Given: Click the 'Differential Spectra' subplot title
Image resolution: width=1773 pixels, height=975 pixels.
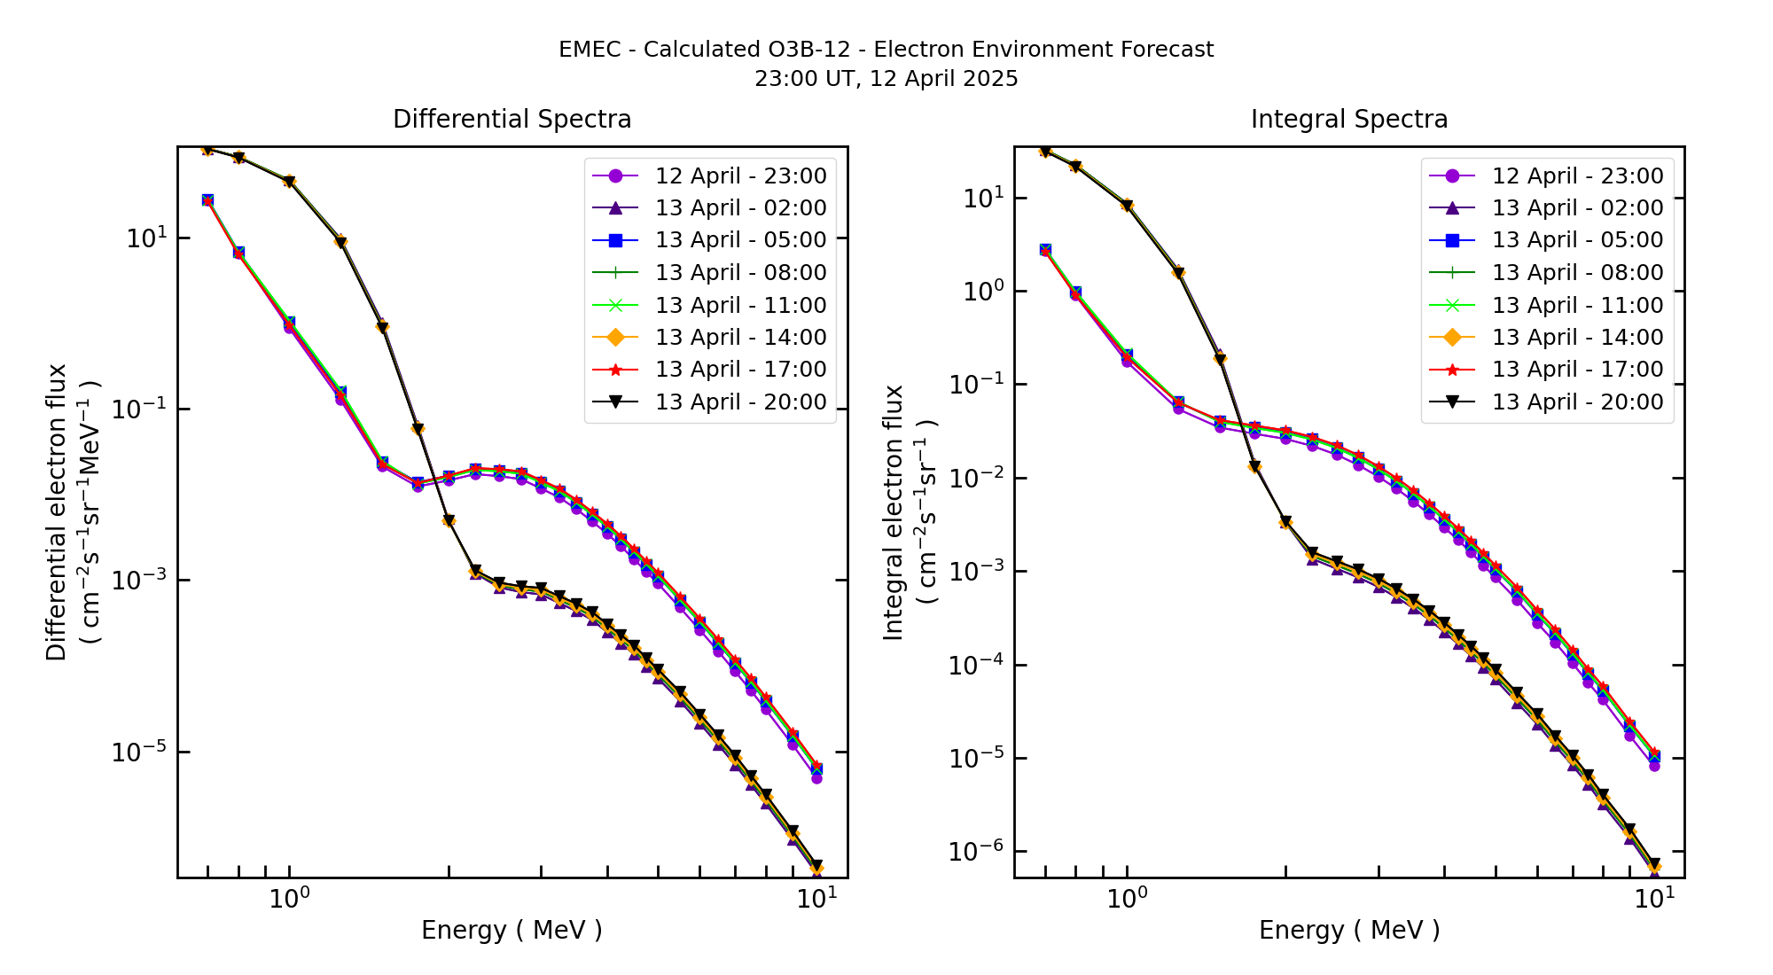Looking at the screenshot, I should coord(512,119).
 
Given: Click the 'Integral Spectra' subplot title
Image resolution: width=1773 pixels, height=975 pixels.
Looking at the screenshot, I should coord(1348,119).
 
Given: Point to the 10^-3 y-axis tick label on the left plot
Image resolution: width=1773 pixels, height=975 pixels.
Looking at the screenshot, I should coord(139,580).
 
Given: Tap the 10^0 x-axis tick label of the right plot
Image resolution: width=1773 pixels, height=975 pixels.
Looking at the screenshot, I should coord(1127,899).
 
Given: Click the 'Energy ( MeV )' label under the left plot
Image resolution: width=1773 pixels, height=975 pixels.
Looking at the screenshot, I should coord(512,930).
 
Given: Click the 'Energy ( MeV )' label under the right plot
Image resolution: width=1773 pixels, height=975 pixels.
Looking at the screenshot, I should coord(1348,930).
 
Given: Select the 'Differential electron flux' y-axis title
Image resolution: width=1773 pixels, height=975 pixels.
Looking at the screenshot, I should coord(57,511).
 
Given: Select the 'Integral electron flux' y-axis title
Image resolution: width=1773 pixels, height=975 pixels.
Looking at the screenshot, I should coord(894,511).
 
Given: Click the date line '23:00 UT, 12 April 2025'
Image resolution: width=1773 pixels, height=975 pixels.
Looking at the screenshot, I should coord(886,79).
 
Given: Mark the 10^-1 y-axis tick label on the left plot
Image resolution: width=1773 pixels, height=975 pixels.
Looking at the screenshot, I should coord(139,409).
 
